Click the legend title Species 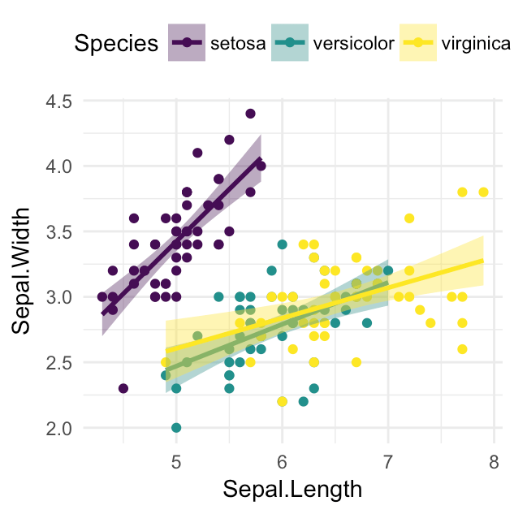click(x=116, y=44)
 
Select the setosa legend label click(x=238, y=44)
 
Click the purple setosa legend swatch click(x=187, y=44)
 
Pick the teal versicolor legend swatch click(x=289, y=44)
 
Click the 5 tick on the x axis click(x=175, y=463)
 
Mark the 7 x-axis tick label click(x=387, y=463)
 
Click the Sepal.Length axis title click(x=282, y=490)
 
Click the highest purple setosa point click(x=250, y=114)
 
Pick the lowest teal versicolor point click(x=176, y=427)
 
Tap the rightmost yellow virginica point click(x=483, y=192)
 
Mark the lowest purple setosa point click(x=123, y=388)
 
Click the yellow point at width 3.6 click(x=409, y=218)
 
